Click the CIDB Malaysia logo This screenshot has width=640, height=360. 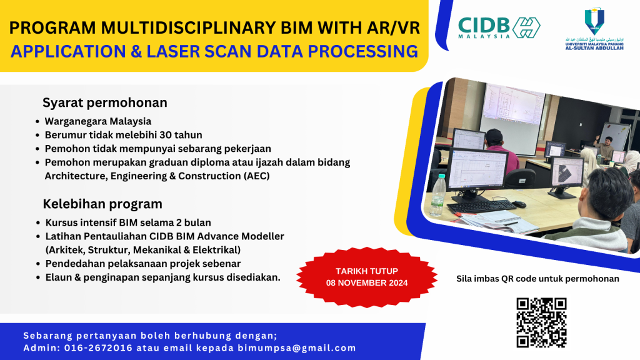click(499, 27)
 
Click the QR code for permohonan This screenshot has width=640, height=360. click(541, 322)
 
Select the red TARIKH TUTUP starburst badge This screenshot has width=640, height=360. click(366, 276)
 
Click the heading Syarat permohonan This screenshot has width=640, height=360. click(104, 102)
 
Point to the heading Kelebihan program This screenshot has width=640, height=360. click(102, 204)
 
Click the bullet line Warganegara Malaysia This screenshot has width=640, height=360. click(97, 121)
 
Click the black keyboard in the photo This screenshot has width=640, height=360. click(481, 206)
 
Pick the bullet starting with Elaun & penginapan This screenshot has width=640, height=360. click(162, 277)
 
